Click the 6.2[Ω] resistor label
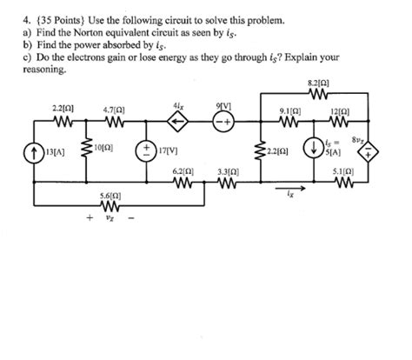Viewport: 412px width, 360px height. [183, 172]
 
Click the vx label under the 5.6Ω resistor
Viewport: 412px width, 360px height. [110, 219]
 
